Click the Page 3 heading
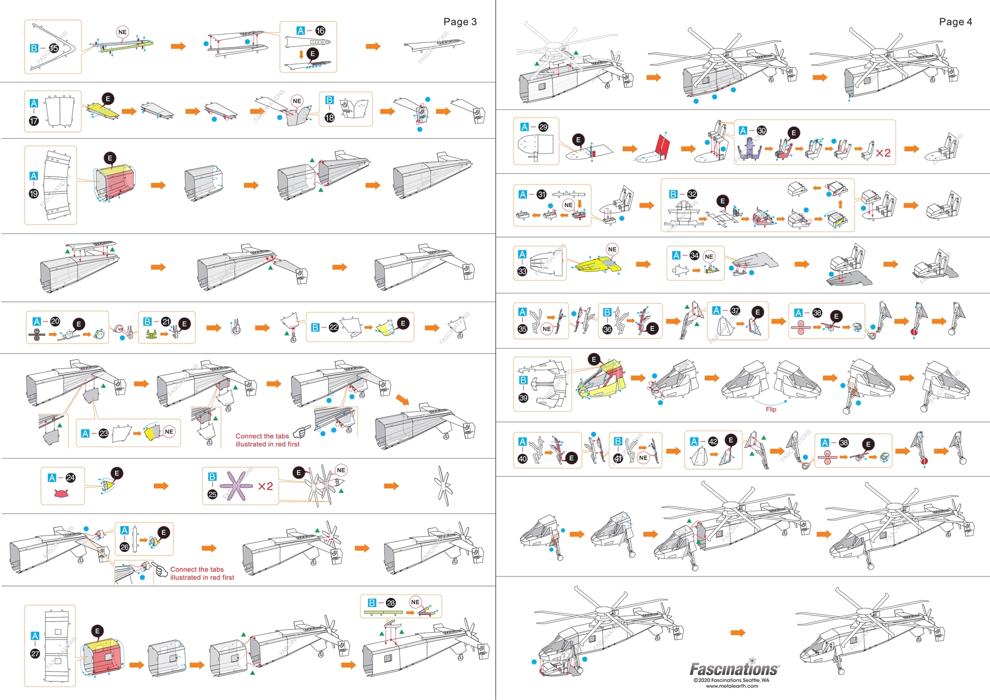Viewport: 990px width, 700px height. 459,21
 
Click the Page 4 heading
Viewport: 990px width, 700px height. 955,21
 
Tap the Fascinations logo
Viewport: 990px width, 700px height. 734,668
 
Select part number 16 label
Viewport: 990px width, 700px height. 320,30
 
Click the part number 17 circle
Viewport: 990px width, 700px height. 33,120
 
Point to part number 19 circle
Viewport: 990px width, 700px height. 33,193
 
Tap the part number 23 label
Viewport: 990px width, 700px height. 103,433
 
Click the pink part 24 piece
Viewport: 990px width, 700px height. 61,493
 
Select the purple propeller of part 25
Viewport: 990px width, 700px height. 236,485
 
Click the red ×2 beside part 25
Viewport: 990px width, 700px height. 265,486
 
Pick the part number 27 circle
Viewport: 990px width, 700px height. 35,653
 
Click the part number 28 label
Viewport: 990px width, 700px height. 390,602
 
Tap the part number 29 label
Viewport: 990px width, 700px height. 543,127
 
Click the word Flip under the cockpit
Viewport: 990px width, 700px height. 770,409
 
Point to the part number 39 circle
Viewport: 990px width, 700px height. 523,397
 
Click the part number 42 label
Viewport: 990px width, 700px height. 713,441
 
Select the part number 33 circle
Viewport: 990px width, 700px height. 522,271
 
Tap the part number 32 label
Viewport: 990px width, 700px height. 692,194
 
